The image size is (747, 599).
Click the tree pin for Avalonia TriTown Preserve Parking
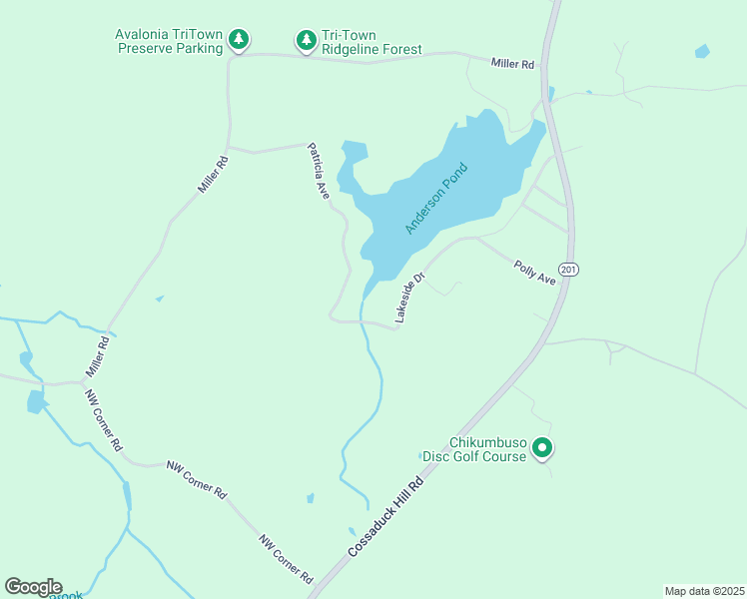click(x=238, y=40)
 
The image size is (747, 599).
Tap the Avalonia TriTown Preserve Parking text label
click(x=168, y=41)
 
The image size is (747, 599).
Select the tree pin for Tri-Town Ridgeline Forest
click(x=306, y=41)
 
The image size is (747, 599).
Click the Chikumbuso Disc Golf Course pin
click(x=542, y=449)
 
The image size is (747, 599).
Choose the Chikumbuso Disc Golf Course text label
click(x=473, y=449)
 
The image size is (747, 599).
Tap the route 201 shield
click(x=569, y=270)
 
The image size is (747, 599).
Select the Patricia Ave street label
click(x=319, y=171)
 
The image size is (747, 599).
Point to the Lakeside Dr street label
click(x=410, y=297)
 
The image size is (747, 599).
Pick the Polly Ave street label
click(x=534, y=272)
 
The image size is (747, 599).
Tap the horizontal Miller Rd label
click(x=513, y=64)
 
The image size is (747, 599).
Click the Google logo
click(x=33, y=587)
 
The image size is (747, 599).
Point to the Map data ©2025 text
click(x=703, y=590)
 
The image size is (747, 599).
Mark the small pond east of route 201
click(x=702, y=51)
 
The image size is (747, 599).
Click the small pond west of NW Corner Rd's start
click(x=36, y=401)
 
